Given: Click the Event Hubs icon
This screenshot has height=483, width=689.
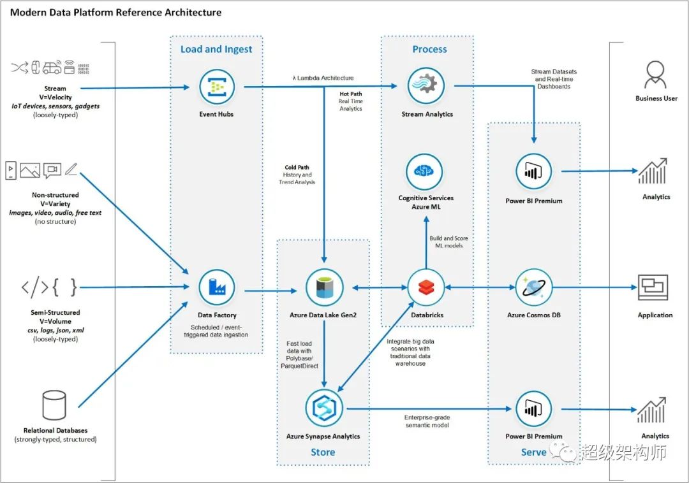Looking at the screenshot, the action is (x=217, y=87).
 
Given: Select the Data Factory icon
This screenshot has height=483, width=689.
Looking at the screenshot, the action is (x=217, y=287).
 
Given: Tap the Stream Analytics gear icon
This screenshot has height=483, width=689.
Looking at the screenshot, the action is (x=426, y=85).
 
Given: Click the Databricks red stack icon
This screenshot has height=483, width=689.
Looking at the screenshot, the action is (x=426, y=287).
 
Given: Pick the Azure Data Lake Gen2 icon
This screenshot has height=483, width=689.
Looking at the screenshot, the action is (x=324, y=287).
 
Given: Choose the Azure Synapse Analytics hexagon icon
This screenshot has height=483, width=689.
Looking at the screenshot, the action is (x=324, y=408).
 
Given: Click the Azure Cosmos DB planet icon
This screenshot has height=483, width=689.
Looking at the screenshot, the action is (x=533, y=287).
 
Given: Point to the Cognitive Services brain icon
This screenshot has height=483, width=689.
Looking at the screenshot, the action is (x=424, y=171).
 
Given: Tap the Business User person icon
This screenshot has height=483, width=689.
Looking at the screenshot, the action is (x=655, y=75).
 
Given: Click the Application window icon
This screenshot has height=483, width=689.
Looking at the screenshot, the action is (x=653, y=288).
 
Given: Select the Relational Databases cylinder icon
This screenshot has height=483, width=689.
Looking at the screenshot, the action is (x=54, y=405).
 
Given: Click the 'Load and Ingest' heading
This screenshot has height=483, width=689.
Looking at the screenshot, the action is (x=216, y=49).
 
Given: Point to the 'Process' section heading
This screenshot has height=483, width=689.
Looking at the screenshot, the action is (x=429, y=49).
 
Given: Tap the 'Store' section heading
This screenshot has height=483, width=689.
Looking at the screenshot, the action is (x=323, y=452).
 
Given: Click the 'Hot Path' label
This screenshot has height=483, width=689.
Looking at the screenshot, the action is (x=351, y=94).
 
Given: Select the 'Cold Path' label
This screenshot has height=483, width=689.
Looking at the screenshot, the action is (x=297, y=167).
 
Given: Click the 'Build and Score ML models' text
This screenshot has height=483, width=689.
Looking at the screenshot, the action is (x=448, y=242).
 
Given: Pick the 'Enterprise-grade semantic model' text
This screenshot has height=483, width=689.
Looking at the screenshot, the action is (x=427, y=421).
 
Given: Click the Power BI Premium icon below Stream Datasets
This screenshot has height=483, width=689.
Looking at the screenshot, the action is (x=533, y=171).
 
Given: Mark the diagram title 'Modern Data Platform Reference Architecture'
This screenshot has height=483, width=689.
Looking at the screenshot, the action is (x=115, y=12).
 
